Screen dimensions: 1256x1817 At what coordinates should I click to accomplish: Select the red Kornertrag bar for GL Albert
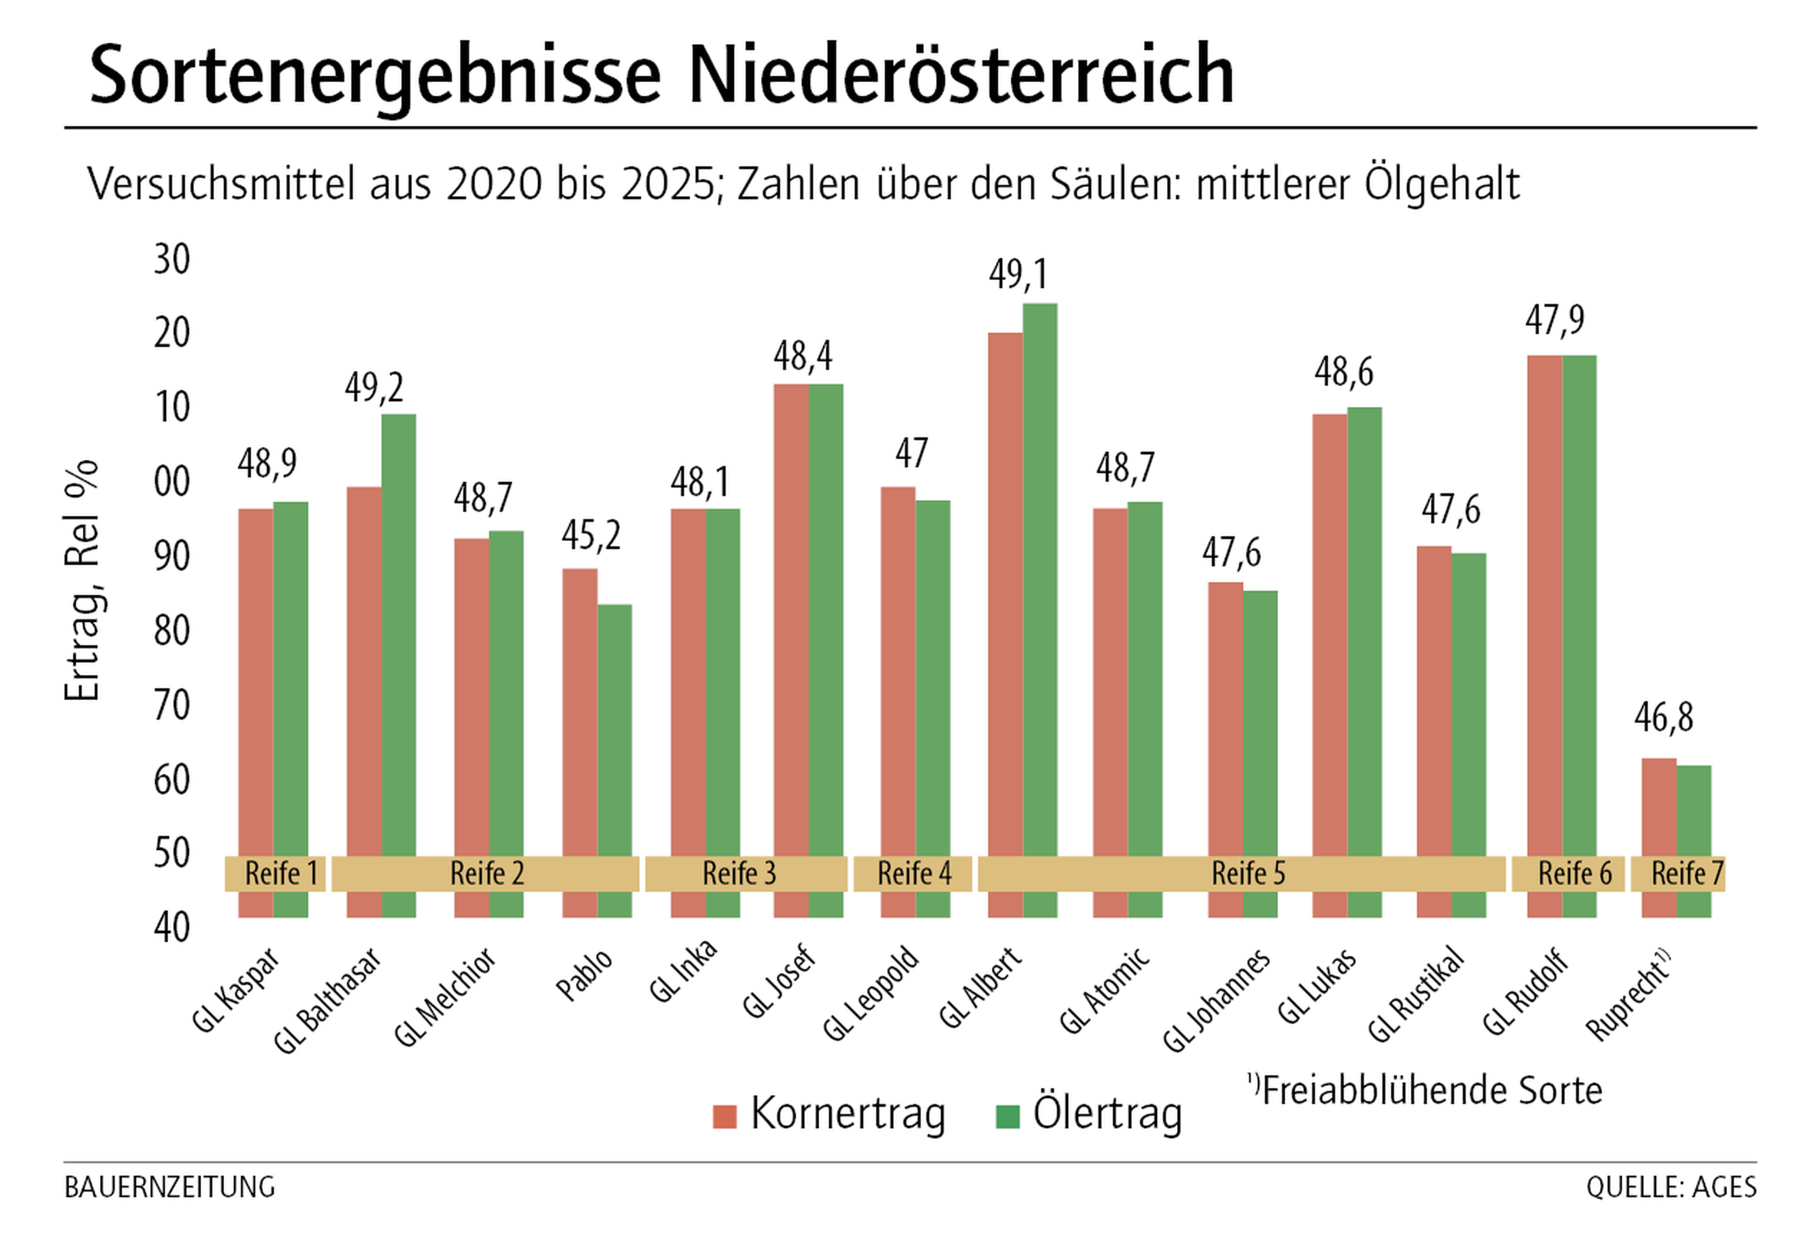coord(1005,590)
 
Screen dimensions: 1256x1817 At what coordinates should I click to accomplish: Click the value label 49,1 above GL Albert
coord(1019,274)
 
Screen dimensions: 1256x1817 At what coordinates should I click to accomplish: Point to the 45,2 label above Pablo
coord(590,536)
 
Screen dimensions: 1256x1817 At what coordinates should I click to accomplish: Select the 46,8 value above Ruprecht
coord(1663,717)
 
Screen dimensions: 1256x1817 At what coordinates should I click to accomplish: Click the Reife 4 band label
coord(914,873)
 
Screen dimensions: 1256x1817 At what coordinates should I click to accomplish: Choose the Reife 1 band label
coord(281,873)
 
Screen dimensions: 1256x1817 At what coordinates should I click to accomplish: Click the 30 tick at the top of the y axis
coord(172,259)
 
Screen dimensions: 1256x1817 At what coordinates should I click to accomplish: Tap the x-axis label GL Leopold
coord(870,993)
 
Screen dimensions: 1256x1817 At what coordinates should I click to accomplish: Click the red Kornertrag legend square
coord(724,1116)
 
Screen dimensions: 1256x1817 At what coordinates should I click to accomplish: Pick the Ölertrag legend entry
coord(1105,1114)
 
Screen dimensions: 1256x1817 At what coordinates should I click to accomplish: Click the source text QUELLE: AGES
coord(1671,1187)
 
